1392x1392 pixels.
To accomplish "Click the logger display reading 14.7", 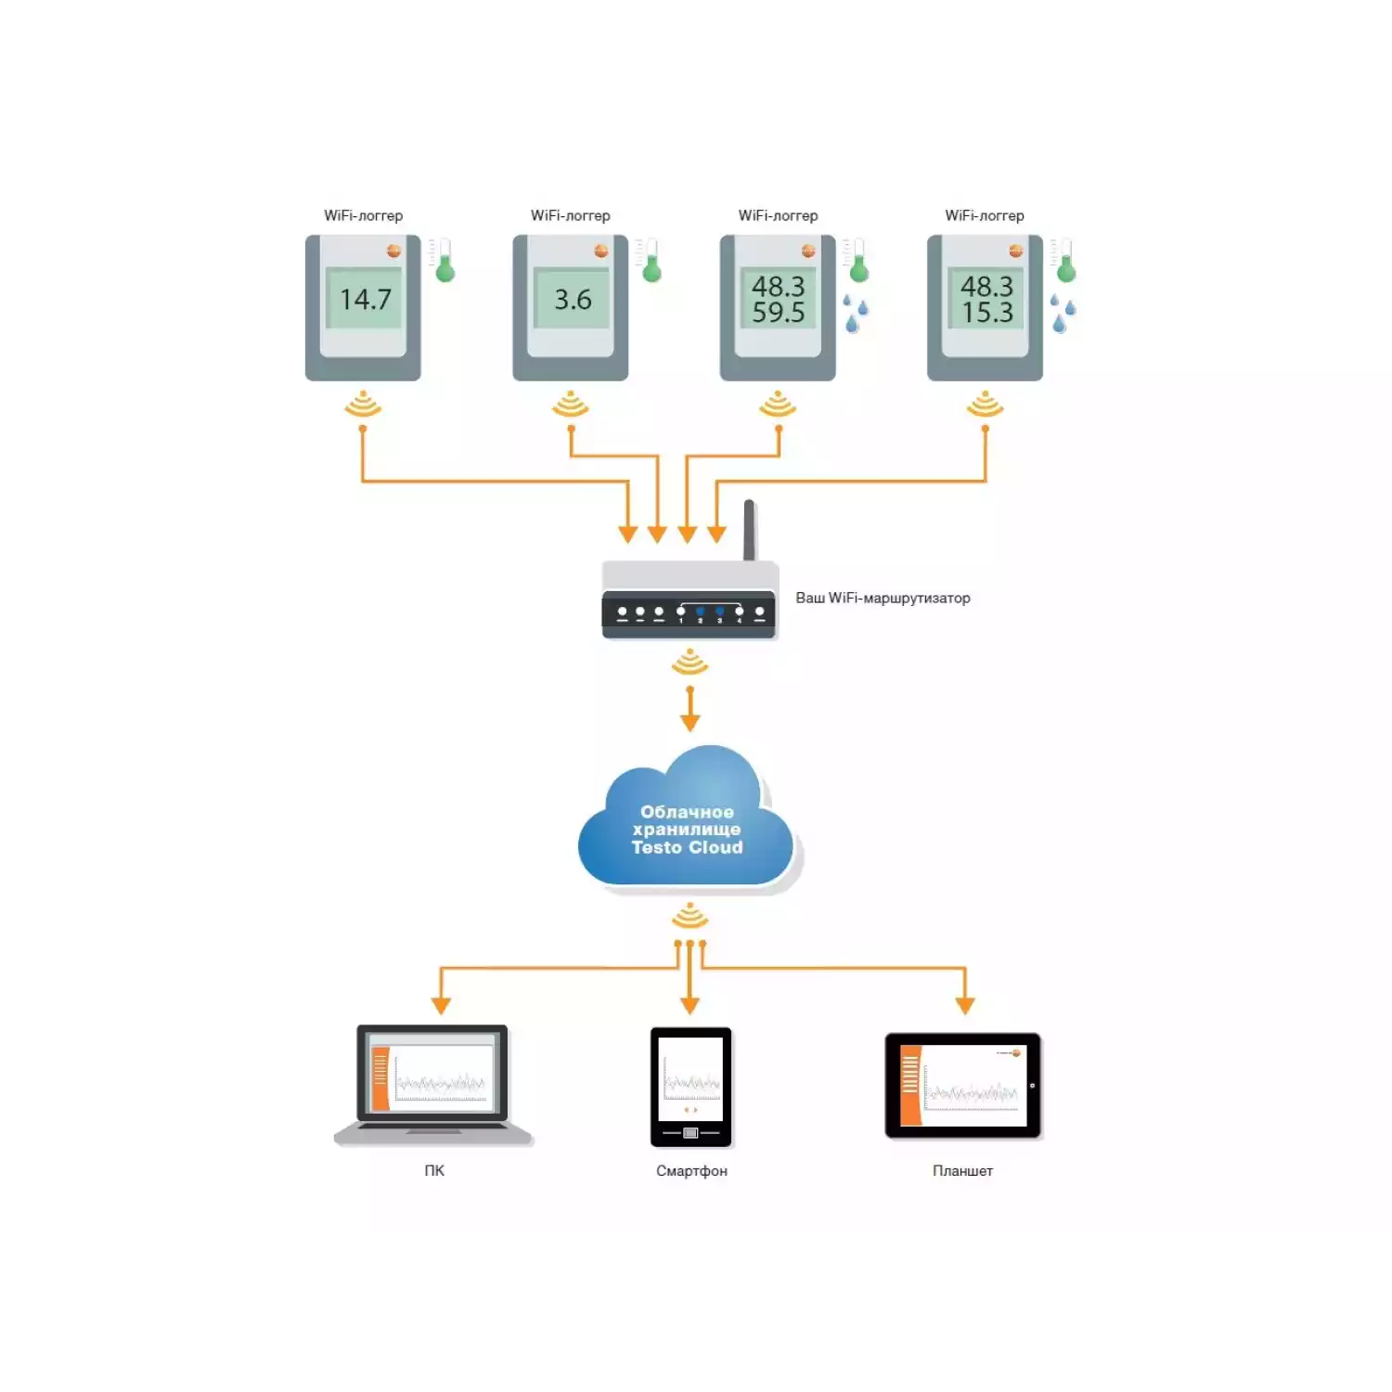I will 365,299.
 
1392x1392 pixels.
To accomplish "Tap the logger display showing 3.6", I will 572,299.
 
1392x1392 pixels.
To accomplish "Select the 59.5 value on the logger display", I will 778,313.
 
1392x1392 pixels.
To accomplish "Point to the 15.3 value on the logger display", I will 986,313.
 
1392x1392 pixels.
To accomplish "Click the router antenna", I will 750,529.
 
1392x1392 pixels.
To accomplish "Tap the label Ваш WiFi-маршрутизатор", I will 883,598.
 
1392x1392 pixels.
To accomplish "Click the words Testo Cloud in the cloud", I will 687,847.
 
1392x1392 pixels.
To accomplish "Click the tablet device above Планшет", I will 962,1085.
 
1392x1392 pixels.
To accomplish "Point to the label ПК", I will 434,1170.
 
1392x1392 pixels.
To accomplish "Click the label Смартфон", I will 691,1171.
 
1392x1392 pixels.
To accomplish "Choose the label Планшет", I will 962,1171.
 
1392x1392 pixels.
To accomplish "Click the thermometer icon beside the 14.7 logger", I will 444,262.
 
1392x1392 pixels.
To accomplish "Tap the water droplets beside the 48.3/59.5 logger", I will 855,313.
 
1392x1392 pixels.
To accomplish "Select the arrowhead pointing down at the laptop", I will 441,1005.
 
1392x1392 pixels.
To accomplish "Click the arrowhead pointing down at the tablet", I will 965,1005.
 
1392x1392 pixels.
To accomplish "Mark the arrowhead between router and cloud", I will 690,722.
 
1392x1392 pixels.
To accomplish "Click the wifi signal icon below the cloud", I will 690,917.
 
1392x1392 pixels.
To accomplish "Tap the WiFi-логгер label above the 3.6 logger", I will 570,215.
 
